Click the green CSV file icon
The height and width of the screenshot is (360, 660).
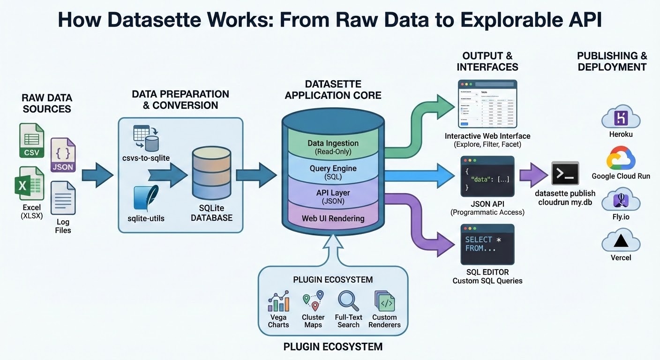coord(31,141)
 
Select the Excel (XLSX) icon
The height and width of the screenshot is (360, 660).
coord(30,184)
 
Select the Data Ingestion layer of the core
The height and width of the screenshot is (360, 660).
coord(333,147)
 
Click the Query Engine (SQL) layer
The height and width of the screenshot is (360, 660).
coord(333,172)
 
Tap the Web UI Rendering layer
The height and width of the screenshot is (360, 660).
coord(333,218)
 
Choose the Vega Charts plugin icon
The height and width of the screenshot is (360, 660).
coord(278,301)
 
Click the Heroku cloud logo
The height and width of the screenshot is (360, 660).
coord(621,117)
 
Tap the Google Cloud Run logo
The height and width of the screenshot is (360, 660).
coord(621,158)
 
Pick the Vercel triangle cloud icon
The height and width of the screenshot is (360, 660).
coord(621,241)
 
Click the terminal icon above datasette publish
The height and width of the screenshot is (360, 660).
coord(565,173)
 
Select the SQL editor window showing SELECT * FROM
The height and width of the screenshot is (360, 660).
coord(487,244)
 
